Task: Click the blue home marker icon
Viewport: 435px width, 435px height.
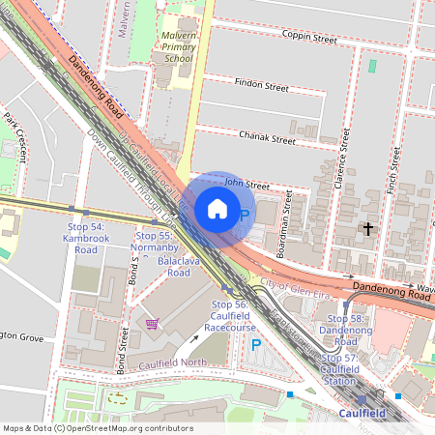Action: tap(217, 209)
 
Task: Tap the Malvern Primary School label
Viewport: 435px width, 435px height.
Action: tap(174, 46)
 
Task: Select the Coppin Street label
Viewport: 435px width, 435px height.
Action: tap(308, 40)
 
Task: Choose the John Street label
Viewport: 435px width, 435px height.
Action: tap(246, 183)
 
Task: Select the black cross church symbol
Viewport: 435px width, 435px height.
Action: tap(366, 229)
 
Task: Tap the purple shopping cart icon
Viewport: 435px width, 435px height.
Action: tap(151, 323)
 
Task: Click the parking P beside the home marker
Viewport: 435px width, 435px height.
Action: tap(245, 216)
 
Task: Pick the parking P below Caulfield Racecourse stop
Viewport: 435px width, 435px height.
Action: tap(256, 344)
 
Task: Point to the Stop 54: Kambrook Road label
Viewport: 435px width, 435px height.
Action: tap(85, 238)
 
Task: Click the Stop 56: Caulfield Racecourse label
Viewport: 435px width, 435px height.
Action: tap(229, 316)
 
